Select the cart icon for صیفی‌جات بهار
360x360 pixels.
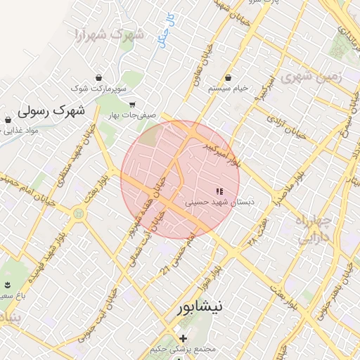coord(131,105)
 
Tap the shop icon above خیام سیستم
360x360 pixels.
coord(228,77)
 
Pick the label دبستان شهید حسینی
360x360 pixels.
coord(220,202)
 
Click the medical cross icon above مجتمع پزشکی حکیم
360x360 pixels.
coord(184,339)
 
